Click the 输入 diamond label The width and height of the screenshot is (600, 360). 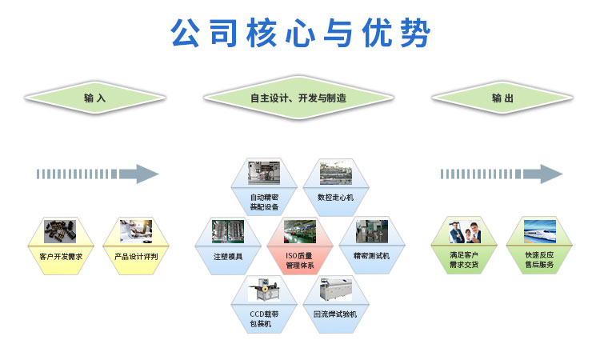[x=95, y=98]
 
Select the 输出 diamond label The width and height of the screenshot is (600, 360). [x=502, y=98]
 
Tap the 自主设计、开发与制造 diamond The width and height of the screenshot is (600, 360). [x=298, y=98]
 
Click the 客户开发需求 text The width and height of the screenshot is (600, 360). [x=61, y=256]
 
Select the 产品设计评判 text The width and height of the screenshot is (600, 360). [x=136, y=256]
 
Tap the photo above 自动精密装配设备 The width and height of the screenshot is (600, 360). [x=264, y=173]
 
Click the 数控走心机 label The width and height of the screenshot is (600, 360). [x=335, y=198]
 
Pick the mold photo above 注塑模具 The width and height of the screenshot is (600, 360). [x=228, y=231]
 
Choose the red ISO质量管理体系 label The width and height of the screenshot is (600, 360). [x=300, y=260]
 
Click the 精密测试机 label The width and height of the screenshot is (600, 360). [x=371, y=256]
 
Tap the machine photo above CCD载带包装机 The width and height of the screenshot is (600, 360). [x=264, y=290]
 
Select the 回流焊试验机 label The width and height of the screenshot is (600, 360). [x=335, y=314]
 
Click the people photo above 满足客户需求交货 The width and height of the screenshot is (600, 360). [x=464, y=231]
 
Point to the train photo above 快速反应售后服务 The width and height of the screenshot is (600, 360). [x=539, y=231]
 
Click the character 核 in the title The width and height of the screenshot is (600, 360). [x=262, y=33]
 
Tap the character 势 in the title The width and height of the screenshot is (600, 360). [x=415, y=33]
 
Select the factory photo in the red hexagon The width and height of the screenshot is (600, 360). [x=300, y=231]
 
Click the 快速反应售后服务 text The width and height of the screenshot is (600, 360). [x=539, y=260]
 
